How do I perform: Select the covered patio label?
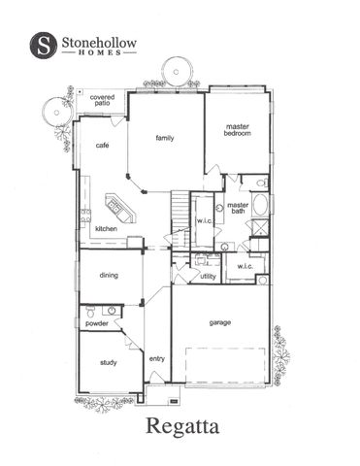coord(102,102)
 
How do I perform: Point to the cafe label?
coord(101,146)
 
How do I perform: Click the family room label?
coord(165,138)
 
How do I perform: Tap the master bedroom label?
coord(238,130)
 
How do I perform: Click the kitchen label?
coord(107,229)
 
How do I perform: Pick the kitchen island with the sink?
coord(118,206)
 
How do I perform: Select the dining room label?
coord(109,276)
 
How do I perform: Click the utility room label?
coord(208,277)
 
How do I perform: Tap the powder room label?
coord(96,323)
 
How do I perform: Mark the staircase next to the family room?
coord(180,207)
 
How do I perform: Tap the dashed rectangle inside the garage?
coord(226,370)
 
